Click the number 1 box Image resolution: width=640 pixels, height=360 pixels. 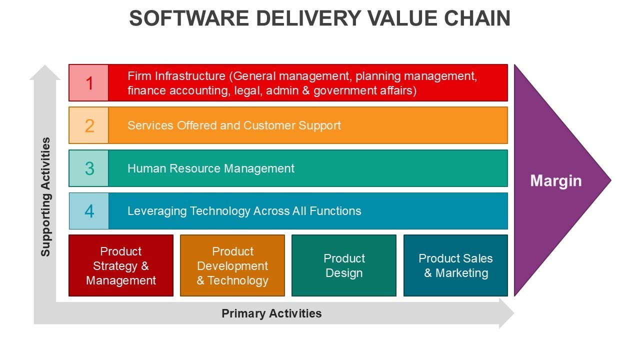tap(89, 83)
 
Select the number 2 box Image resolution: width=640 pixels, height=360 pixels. tap(89, 125)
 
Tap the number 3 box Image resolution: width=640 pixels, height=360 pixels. tap(89, 168)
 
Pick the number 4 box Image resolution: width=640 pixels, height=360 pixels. tap(89, 211)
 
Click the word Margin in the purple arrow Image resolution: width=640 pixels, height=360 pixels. tap(555, 180)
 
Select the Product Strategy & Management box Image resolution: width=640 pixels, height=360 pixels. tap(121, 265)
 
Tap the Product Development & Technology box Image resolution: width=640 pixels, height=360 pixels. tap(232, 265)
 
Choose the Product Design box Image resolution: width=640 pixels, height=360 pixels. tap(344, 265)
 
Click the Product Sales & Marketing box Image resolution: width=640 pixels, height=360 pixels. tap(455, 265)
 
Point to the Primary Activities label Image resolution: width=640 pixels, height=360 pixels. tap(271, 313)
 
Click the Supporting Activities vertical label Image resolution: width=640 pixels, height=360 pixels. tap(46, 197)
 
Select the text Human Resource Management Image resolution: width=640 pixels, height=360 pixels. tap(210, 168)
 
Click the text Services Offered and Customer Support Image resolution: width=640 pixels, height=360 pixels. tap(234, 125)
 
